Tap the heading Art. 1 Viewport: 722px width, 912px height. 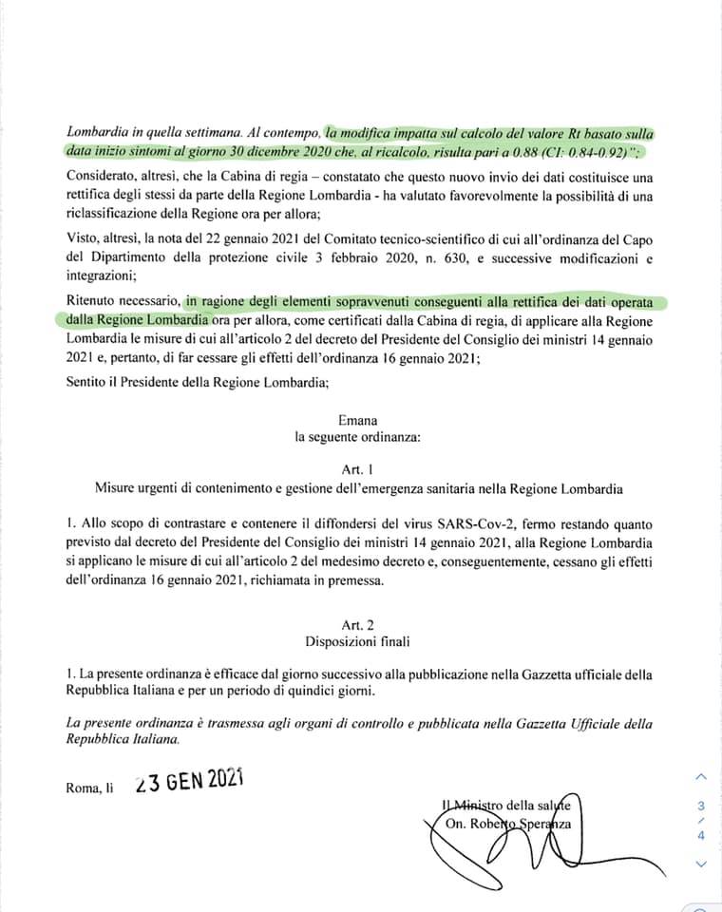click(x=358, y=469)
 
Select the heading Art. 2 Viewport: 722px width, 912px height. click(x=358, y=624)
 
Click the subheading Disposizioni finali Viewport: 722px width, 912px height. click(x=358, y=642)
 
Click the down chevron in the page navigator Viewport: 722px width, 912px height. click(x=701, y=864)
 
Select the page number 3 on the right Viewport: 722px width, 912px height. click(x=701, y=805)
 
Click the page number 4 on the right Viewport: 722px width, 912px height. click(x=701, y=835)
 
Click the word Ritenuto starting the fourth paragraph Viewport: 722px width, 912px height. click(x=95, y=303)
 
